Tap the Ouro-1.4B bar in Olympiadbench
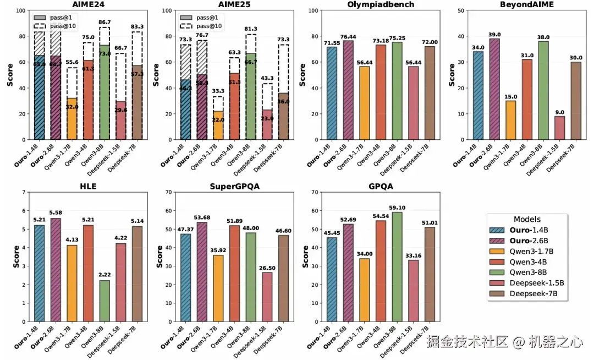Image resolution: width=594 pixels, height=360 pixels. tap(331, 93)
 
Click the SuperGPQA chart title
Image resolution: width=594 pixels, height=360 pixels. tap(234, 186)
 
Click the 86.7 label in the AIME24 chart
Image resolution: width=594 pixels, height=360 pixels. tap(105, 23)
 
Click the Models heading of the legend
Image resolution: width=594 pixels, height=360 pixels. tap(527, 219)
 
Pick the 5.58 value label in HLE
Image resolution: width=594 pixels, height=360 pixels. tap(56, 213)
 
